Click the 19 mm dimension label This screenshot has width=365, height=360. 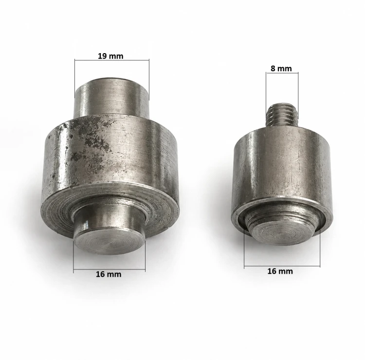[x=110, y=56]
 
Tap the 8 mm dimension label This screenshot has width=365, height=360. [x=281, y=69]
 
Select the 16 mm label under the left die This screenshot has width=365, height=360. [x=109, y=274]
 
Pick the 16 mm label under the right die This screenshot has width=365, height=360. [x=280, y=271]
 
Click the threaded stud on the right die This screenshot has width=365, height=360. [x=282, y=114]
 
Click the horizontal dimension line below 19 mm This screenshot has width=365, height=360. [x=112, y=60]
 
